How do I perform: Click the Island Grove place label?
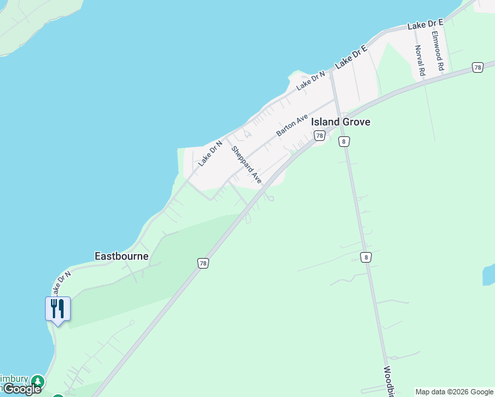tap(341, 122)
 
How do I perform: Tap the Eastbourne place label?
tap(122, 256)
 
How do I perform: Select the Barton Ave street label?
tap(292, 125)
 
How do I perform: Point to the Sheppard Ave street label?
tap(246, 165)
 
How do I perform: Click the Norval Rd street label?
tap(420, 60)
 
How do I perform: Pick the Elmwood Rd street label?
tap(437, 50)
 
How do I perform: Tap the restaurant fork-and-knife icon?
tap(58, 308)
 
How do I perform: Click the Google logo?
tap(22, 389)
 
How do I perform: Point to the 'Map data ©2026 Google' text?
tap(454, 392)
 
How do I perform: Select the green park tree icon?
tap(38, 381)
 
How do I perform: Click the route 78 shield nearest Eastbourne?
tap(203, 263)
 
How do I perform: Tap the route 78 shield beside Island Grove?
tap(320, 136)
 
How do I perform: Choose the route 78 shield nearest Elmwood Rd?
tap(477, 67)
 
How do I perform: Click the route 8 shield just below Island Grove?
tap(343, 142)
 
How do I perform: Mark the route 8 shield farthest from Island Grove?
tap(366, 257)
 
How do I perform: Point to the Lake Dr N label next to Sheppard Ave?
tap(209, 153)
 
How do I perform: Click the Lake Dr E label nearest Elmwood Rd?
tap(426, 24)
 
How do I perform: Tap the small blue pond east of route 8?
tap(489, 275)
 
